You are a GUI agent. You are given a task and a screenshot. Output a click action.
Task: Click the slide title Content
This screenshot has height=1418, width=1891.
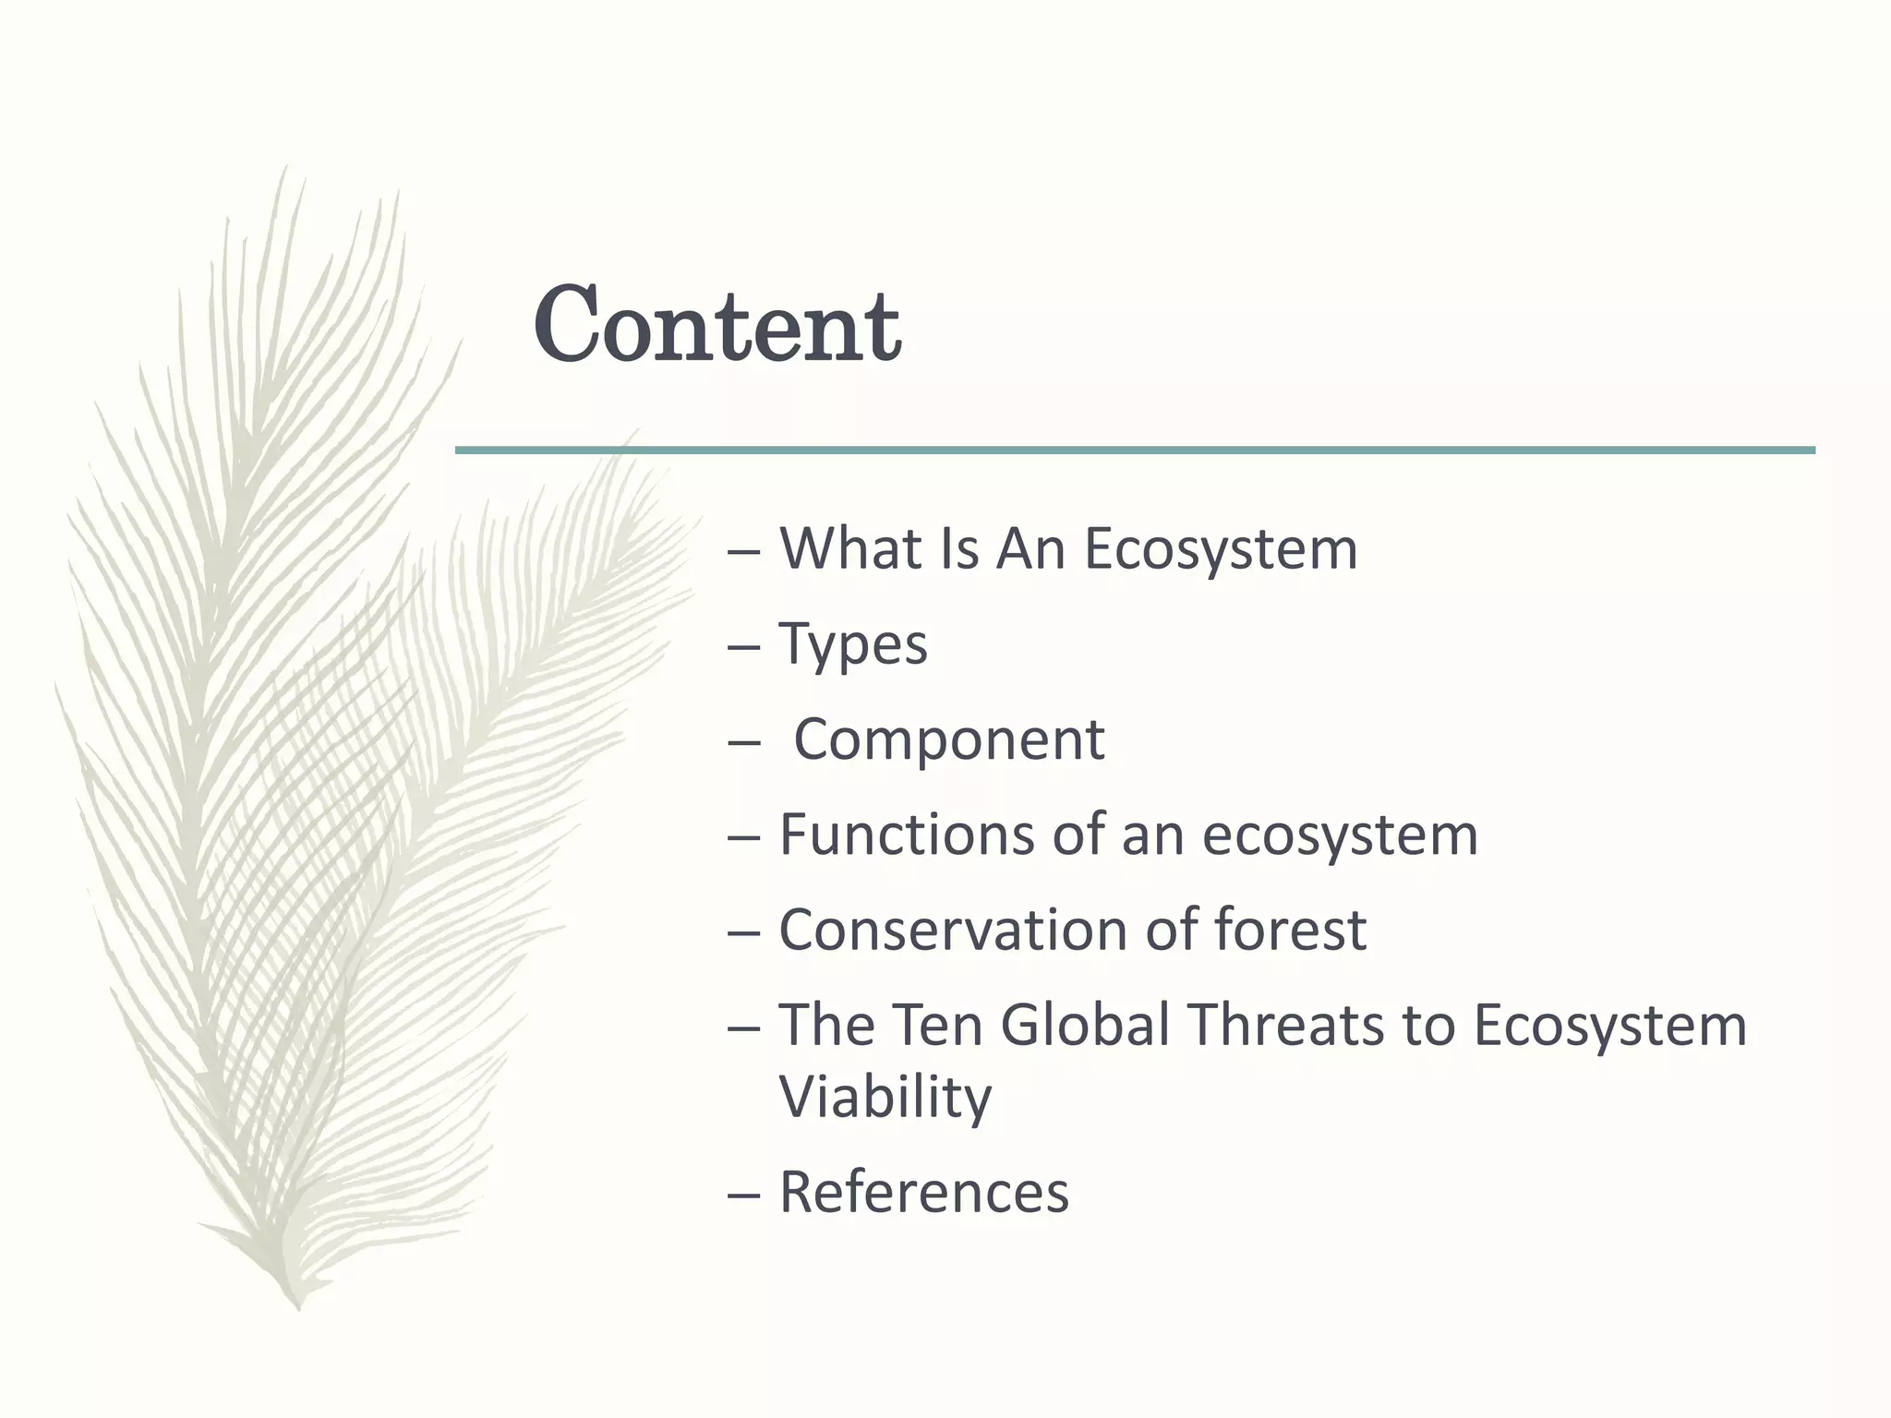(x=717, y=326)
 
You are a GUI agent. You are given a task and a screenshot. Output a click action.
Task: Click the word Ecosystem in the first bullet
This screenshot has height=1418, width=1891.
(x=1220, y=549)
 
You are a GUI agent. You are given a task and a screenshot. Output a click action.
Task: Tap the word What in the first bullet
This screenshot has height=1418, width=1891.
(x=850, y=549)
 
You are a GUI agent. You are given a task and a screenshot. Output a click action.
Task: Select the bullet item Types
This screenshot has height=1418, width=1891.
(x=853, y=645)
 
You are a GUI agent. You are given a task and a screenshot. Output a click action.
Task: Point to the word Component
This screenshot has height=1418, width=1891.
(x=948, y=740)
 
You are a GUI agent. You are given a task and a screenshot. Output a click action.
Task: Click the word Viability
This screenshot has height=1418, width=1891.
(x=885, y=1098)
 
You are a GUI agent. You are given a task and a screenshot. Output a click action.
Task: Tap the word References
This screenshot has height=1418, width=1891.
(x=923, y=1193)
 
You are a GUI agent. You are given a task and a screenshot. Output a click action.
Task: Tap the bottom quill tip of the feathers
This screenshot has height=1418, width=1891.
(x=298, y=1304)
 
